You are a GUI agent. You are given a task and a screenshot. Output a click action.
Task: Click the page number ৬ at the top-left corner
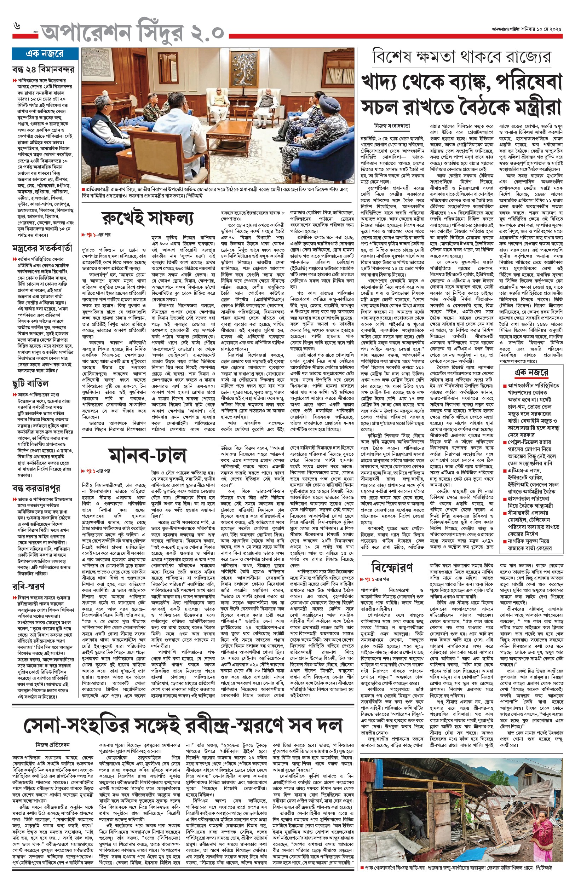(x=17, y=27)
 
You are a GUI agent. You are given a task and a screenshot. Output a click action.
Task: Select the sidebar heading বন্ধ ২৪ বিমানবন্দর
(x=43, y=69)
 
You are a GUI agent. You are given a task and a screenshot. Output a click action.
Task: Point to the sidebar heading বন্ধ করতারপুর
(x=36, y=488)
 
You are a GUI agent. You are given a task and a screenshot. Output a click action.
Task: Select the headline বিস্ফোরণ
(x=392, y=567)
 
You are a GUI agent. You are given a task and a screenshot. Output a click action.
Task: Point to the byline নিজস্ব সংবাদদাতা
(x=392, y=126)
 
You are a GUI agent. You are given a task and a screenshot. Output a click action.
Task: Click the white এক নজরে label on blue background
(x=45, y=54)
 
